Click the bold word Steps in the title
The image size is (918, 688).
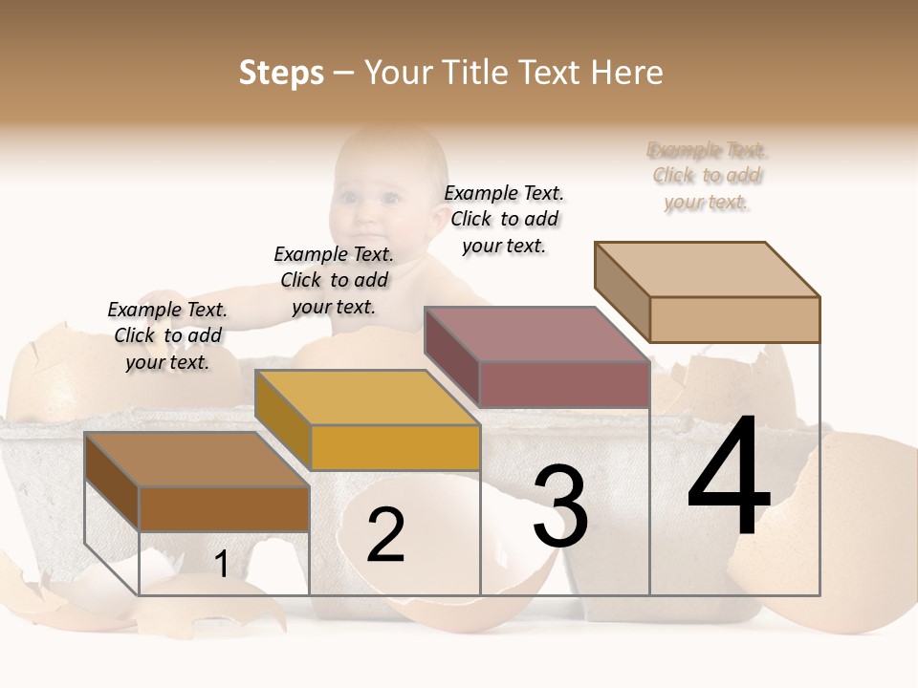click(x=281, y=73)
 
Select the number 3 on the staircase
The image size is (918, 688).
click(x=559, y=507)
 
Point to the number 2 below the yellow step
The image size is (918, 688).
click(x=385, y=535)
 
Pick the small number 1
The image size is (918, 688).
click(x=221, y=565)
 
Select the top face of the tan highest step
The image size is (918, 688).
click(x=708, y=269)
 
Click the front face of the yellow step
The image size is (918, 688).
click(x=395, y=447)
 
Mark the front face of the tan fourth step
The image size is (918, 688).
click(x=734, y=319)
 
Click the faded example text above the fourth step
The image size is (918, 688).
click(x=707, y=176)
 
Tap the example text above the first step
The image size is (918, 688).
click(x=167, y=335)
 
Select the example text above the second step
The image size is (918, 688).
click(x=334, y=280)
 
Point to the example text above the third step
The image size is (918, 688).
click(x=504, y=219)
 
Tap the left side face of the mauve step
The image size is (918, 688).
click(x=451, y=355)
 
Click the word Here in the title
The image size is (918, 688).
click(x=627, y=73)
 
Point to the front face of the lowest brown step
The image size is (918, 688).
click(x=224, y=508)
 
